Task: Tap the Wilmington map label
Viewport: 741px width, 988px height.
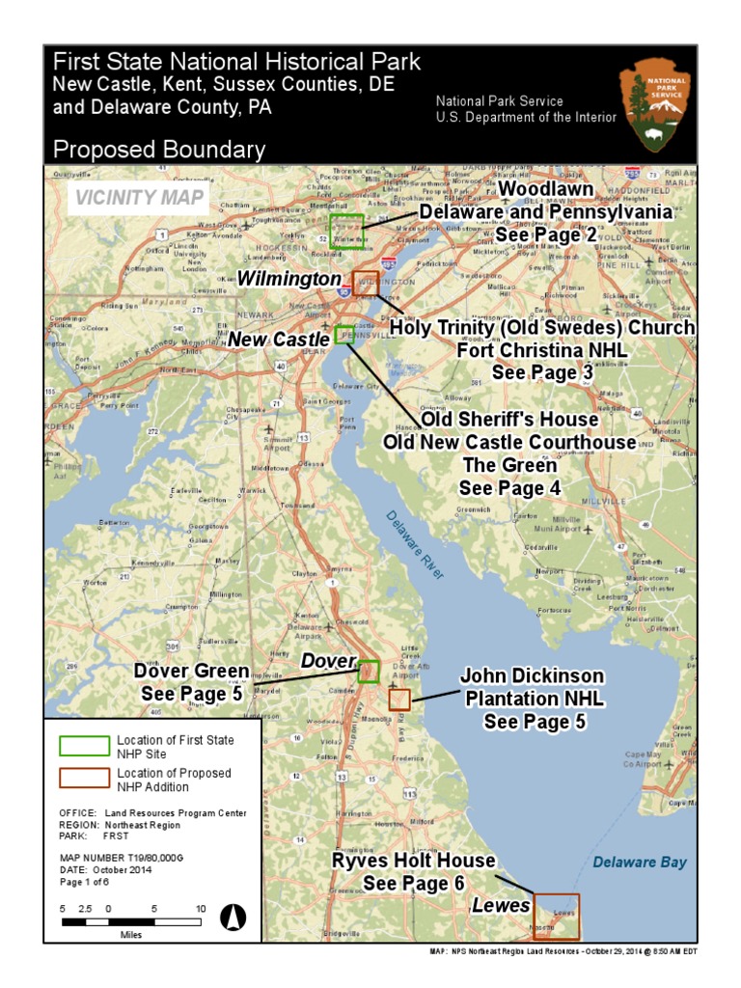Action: click(289, 279)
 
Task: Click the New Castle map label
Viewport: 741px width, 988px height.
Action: click(279, 340)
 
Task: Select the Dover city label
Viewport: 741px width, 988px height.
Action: click(328, 662)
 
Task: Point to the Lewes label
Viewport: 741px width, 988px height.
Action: click(501, 905)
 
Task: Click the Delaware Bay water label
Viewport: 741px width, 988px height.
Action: click(640, 862)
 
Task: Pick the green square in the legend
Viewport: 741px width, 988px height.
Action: click(83, 746)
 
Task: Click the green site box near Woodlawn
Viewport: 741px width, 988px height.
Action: click(346, 231)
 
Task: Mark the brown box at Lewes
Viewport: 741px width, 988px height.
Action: click(557, 917)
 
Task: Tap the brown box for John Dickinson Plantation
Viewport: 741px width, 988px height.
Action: click(399, 700)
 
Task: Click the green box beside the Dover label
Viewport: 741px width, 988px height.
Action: click(368, 671)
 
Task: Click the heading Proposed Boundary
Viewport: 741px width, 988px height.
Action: click(158, 150)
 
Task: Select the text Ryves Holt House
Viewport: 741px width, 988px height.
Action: click(414, 860)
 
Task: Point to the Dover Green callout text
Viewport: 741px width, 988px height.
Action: click(191, 672)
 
